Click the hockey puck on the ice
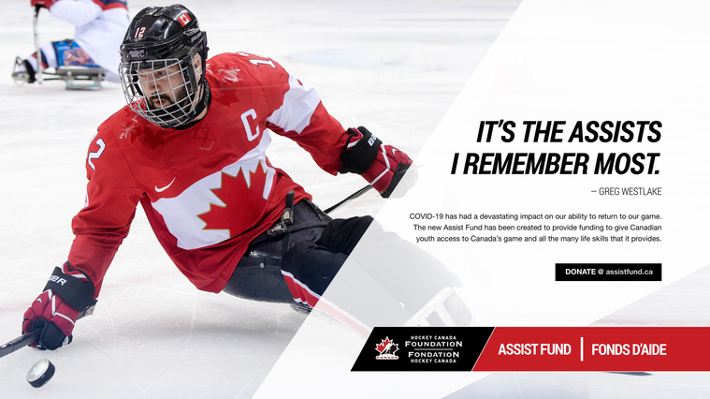click(x=40, y=373)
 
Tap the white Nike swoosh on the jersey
click(x=165, y=185)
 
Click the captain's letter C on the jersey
click(x=250, y=125)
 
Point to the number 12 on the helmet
click(x=140, y=32)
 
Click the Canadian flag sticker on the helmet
click(x=184, y=19)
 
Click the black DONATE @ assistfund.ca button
click(x=608, y=272)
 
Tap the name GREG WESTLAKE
click(x=630, y=191)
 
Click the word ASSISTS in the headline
click(x=616, y=132)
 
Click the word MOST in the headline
click(x=627, y=164)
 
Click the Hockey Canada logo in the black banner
click(x=387, y=348)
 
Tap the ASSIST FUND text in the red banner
click(x=534, y=349)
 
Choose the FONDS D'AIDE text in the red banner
click(x=629, y=349)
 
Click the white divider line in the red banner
click(x=582, y=349)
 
